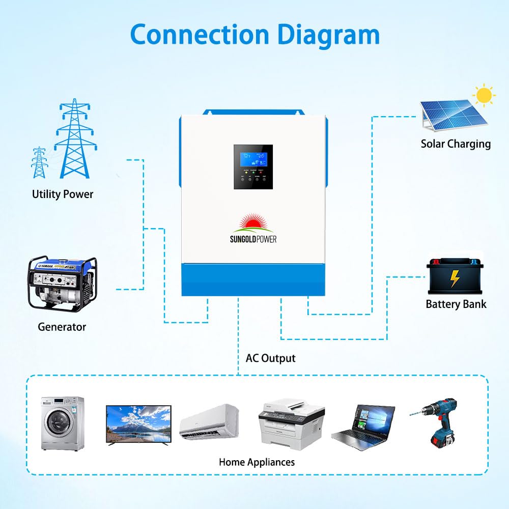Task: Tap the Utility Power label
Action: pos(63,194)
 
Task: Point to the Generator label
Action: pos(62,327)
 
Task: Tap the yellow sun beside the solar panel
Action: pos(484,95)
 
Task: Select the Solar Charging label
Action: pos(456,144)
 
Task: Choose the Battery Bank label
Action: pos(456,304)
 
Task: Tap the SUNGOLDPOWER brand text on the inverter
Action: pos(252,239)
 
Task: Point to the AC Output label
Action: pos(270,358)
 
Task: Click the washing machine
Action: pos(62,423)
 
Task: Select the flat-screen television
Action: pos(138,424)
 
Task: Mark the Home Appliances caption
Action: pos(257,462)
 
